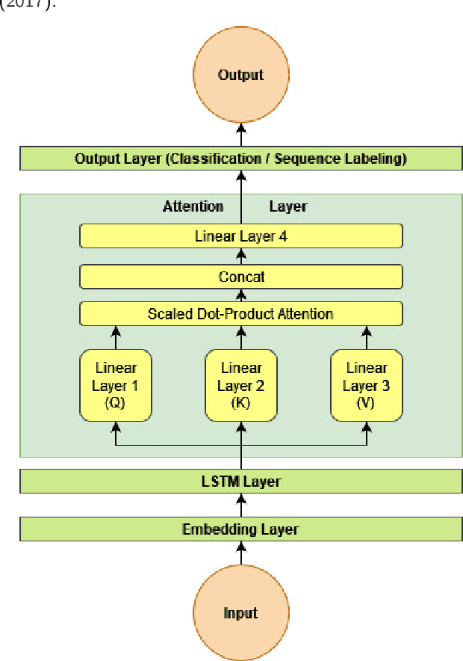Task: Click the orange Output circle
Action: pyautogui.click(x=240, y=76)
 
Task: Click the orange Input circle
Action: pyautogui.click(x=240, y=613)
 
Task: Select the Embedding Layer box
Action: pyautogui.click(x=240, y=529)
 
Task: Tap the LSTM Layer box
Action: pyautogui.click(x=240, y=482)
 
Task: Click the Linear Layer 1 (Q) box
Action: pyautogui.click(x=115, y=386)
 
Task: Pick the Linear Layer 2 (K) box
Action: pyautogui.click(x=240, y=386)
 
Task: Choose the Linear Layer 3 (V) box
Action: pyautogui.click(x=366, y=386)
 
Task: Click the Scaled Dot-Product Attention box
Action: pyautogui.click(x=240, y=313)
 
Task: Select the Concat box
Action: pyautogui.click(x=240, y=277)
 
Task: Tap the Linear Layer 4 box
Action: pyautogui.click(x=240, y=237)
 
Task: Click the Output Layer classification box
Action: pyautogui.click(x=240, y=159)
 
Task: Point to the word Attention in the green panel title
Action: pyautogui.click(x=193, y=206)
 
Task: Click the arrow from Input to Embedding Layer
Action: pyautogui.click(x=240, y=553)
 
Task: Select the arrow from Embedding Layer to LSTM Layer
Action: pyautogui.click(x=240, y=505)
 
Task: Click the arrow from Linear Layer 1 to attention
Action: pyautogui.click(x=115, y=336)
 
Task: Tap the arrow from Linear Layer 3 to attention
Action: pyautogui.click(x=366, y=336)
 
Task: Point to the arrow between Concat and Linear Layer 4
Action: pyautogui.click(x=240, y=256)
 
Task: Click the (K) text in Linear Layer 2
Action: pyautogui.click(x=240, y=403)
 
